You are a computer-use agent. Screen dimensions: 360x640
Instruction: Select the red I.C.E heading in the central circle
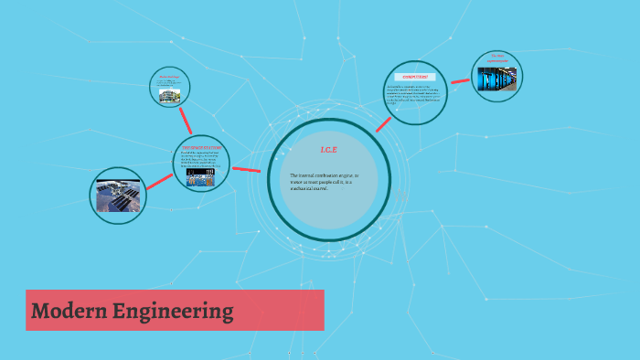coord(329,150)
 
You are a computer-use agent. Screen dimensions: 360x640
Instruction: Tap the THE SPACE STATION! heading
coord(201,146)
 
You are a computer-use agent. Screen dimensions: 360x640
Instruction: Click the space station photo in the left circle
coord(120,196)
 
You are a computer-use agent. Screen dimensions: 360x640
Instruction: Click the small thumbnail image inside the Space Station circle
coord(201,179)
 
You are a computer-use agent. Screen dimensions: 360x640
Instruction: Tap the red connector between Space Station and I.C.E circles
coord(247,169)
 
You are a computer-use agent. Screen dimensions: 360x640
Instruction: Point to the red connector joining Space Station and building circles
coord(187,120)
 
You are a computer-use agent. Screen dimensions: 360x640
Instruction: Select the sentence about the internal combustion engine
coord(324,181)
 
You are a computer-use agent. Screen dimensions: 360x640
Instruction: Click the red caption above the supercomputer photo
coord(497,57)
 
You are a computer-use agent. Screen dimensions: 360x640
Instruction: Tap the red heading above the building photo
coord(169,77)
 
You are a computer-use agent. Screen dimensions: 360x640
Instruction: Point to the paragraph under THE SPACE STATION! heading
coord(201,159)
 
